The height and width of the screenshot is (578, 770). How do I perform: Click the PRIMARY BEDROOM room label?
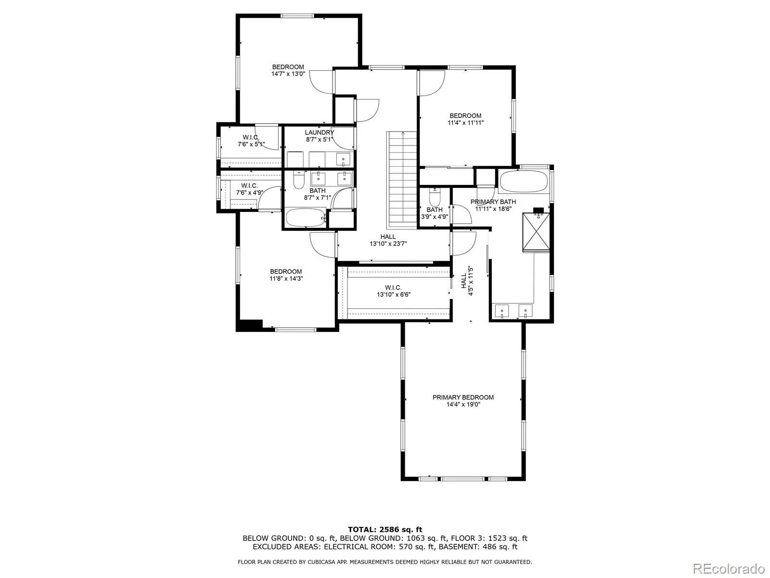(462, 397)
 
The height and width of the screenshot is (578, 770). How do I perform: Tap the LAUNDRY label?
(319, 132)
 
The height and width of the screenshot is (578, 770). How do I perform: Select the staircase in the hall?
(402, 180)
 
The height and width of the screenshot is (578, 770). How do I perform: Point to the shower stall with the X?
(536, 232)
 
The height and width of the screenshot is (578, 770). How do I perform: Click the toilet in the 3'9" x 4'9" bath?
(435, 197)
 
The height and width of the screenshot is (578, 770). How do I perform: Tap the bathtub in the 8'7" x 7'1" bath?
(306, 218)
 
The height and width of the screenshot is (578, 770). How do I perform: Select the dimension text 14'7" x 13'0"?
(288, 74)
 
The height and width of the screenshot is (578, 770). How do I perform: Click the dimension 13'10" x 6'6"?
(394, 294)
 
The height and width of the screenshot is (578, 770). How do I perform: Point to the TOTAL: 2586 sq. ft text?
(385, 529)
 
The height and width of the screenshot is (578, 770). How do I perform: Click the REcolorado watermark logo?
(729, 568)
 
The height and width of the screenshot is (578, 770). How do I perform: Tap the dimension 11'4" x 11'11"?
(465, 122)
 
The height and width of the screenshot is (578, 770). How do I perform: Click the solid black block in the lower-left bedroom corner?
(249, 325)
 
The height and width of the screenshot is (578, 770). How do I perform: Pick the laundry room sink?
(343, 160)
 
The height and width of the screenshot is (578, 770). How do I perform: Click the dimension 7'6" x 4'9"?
(249, 193)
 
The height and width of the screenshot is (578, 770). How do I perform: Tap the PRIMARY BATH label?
(493, 202)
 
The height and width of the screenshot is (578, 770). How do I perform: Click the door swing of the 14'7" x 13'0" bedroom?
(321, 82)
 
